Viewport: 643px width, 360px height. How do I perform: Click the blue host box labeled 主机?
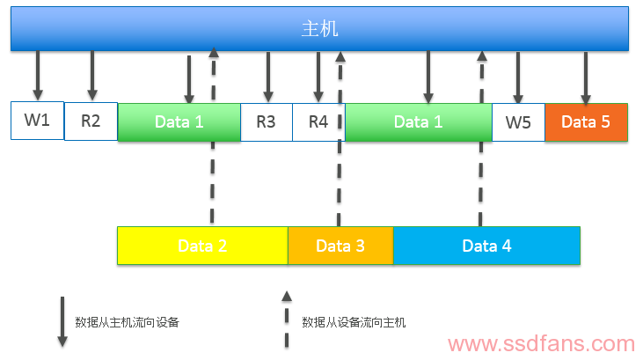click(x=319, y=29)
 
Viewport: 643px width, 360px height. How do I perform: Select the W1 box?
click(x=37, y=121)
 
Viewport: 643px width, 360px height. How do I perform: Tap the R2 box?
click(x=91, y=121)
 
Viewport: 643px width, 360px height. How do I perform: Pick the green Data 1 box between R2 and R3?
click(x=179, y=122)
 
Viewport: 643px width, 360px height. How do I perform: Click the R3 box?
click(x=266, y=122)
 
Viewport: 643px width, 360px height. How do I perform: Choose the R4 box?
click(x=318, y=122)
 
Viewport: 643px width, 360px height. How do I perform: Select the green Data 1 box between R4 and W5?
click(x=418, y=122)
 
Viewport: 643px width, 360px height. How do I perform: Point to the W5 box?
click(x=518, y=122)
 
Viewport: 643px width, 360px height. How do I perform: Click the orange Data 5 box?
click(x=586, y=122)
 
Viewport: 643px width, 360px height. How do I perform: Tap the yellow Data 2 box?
click(x=202, y=246)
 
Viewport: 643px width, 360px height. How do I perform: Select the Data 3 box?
click(x=340, y=246)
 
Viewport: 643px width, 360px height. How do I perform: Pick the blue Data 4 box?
click(x=486, y=246)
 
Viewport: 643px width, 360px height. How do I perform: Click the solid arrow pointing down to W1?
click(x=37, y=75)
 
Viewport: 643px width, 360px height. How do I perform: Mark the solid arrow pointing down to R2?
click(x=91, y=75)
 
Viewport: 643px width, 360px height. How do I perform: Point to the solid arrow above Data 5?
click(x=585, y=77)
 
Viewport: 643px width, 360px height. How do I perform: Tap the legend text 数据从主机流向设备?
click(x=128, y=322)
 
